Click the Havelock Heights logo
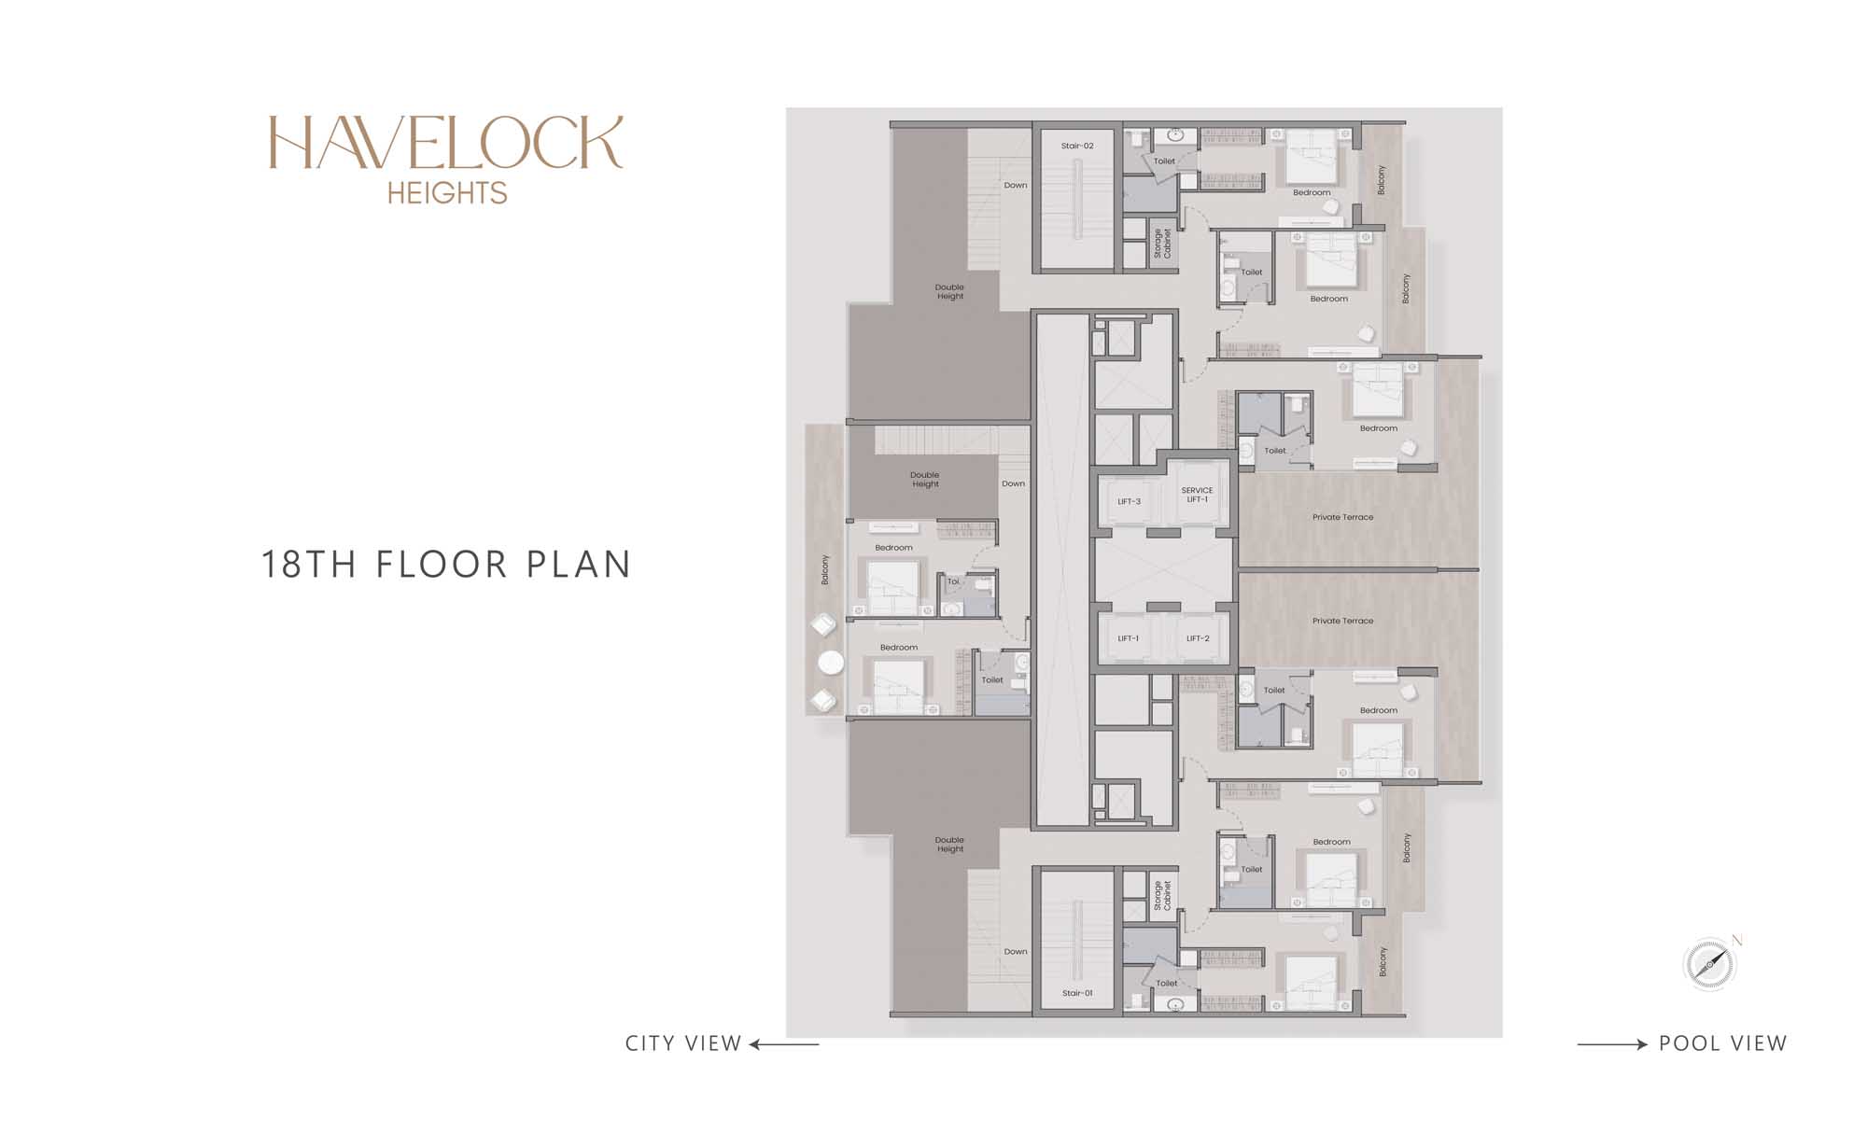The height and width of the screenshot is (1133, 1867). [x=446, y=160]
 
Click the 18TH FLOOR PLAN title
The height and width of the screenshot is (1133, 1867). [x=446, y=565]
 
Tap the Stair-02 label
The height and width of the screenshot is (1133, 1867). [x=1077, y=146]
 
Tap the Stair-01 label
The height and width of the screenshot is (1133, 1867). [x=1077, y=993]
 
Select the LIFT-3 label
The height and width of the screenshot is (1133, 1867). [x=1130, y=501]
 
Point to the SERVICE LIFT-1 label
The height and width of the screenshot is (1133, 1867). [x=1198, y=495]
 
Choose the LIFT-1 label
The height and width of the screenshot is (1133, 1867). [x=1129, y=638]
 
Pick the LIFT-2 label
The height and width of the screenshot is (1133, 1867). [x=1198, y=638]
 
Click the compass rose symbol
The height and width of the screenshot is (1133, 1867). [x=1708, y=964]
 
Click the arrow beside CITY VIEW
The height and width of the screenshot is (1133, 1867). [x=784, y=1044]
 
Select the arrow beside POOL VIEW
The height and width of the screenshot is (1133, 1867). [x=1612, y=1044]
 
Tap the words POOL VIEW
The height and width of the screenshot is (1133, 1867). [x=1722, y=1043]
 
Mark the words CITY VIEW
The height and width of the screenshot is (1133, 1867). [x=683, y=1043]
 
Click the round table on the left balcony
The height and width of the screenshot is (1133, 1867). [x=831, y=663]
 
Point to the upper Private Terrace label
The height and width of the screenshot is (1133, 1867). [x=1342, y=517]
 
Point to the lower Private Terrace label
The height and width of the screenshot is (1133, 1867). [x=1342, y=621]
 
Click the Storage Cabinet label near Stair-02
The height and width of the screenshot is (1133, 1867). [x=1162, y=243]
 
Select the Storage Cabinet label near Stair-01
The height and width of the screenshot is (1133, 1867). [x=1162, y=895]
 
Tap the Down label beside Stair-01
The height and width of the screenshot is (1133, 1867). [x=1016, y=952]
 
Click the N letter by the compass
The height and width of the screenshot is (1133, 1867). [x=1737, y=940]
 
